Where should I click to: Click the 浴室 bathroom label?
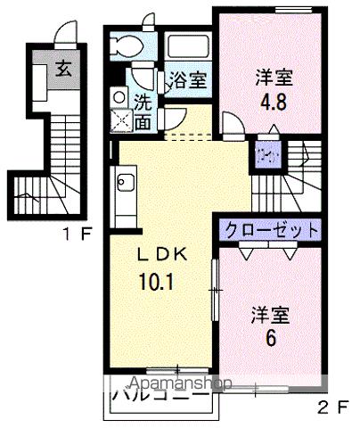(187, 80)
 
